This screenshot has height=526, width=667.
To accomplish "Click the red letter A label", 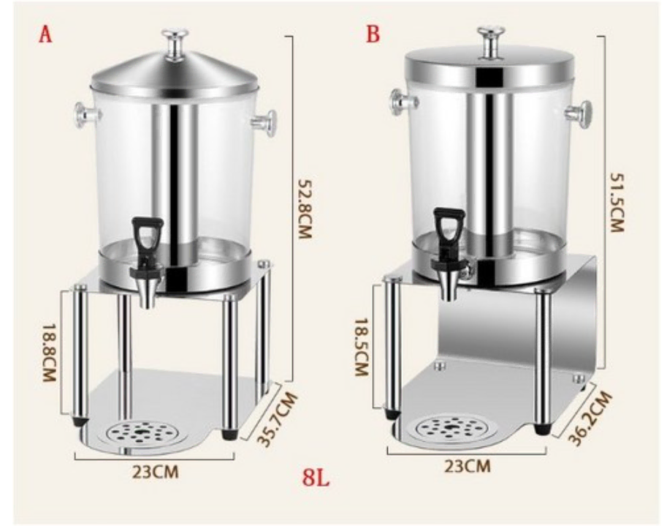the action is click(45, 34).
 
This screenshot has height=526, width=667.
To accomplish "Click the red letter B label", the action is click(373, 34).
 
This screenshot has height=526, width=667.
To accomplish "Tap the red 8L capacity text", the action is click(316, 478).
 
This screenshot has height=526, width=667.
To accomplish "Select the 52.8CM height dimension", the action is click(305, 208).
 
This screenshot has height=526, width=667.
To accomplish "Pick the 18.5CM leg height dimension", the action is click(361, 347).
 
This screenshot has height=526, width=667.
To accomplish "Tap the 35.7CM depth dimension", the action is click(278, 419).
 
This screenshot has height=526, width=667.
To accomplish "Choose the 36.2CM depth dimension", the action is click(590, 418).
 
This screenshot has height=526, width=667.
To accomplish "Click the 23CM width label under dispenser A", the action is click(155, 471).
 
